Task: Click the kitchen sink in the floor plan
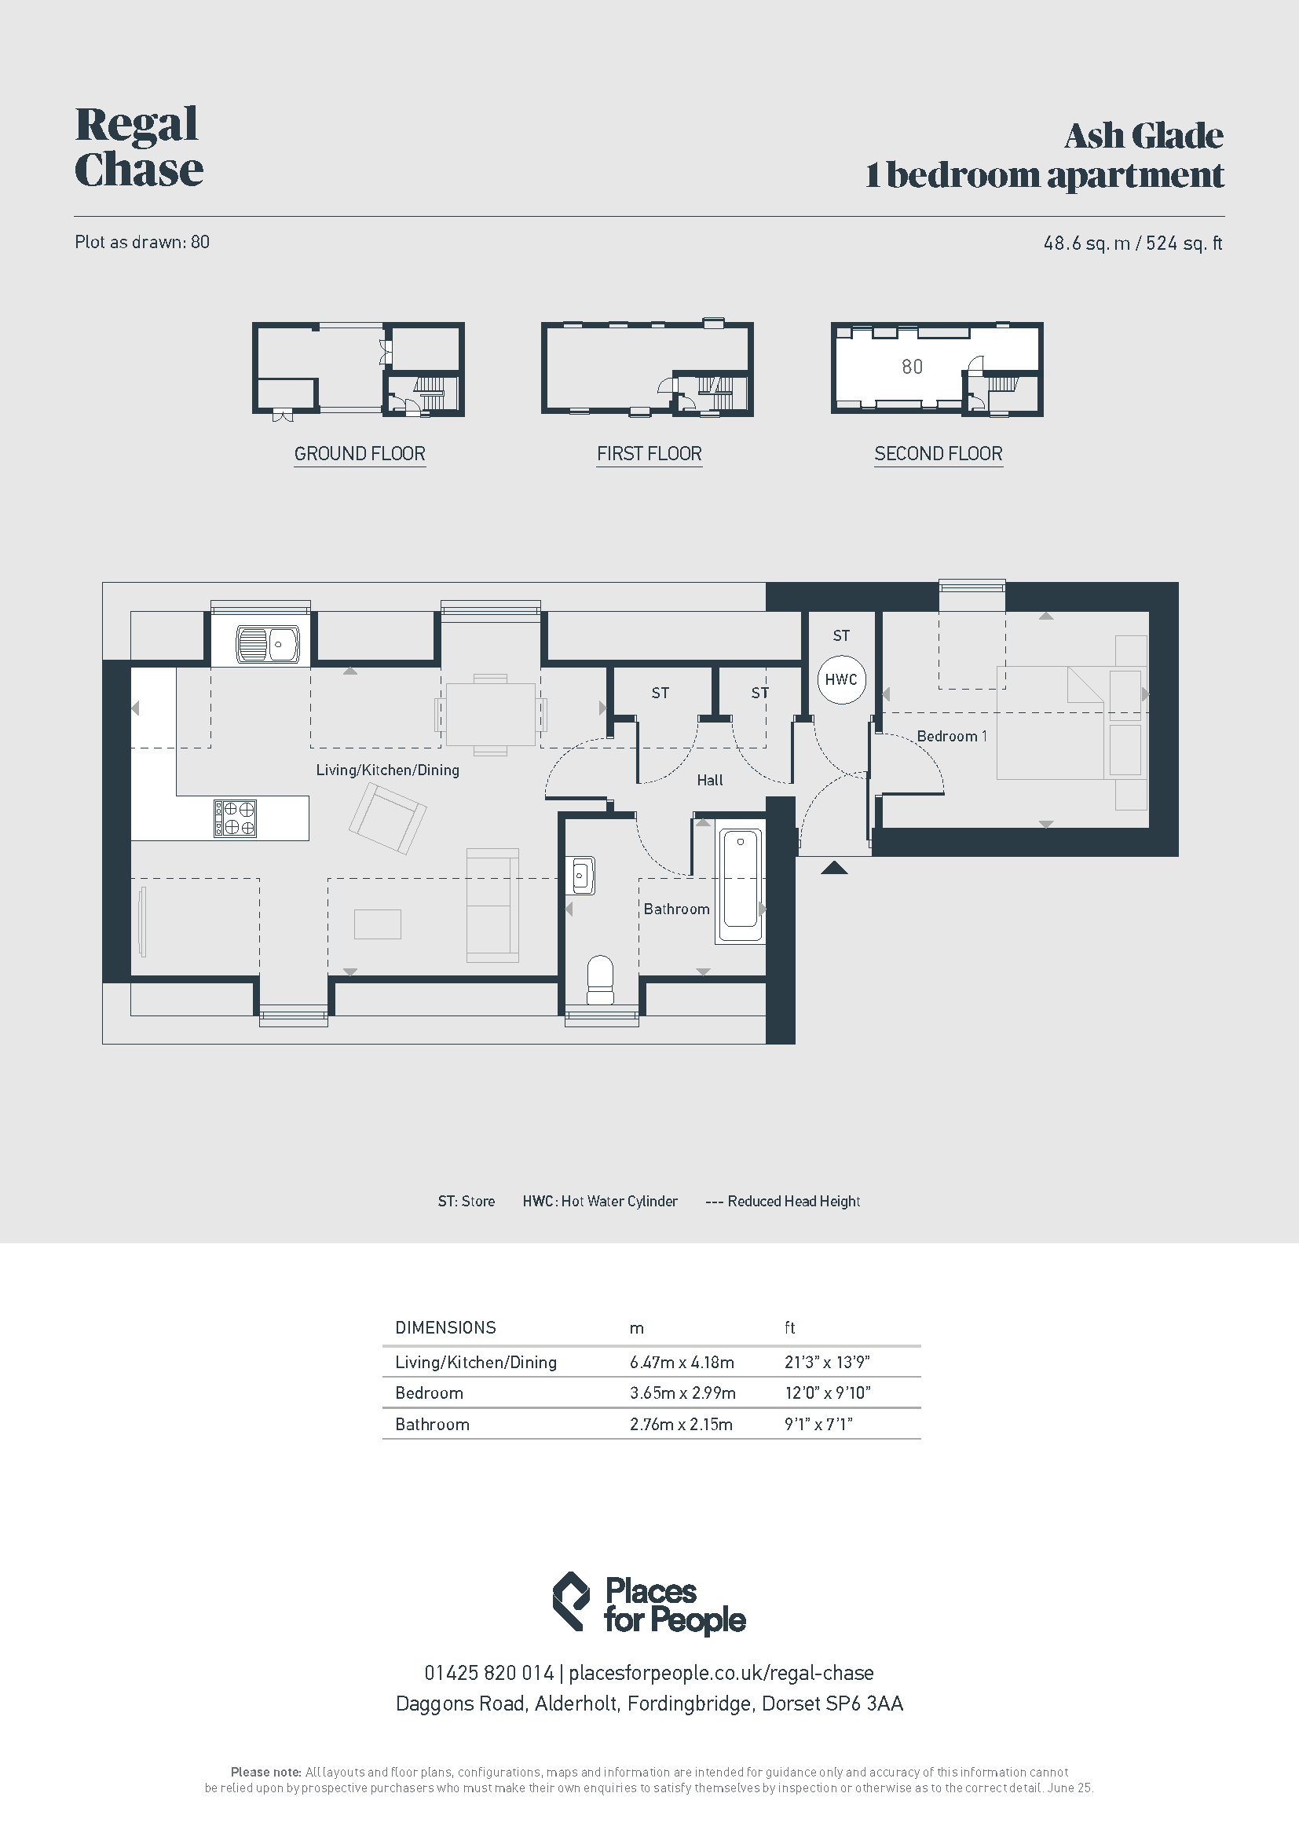267,644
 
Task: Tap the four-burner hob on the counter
235,818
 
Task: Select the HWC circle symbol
841,679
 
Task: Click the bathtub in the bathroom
740,886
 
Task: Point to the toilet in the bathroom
600,980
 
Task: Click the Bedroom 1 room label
952,736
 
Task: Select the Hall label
709,780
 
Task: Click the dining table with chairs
490,714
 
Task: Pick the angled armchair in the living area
388,818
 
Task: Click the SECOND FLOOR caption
939,454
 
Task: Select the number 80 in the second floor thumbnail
912,367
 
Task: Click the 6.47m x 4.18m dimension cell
682,1362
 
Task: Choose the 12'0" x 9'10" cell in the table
827,1393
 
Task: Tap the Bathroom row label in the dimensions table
432,1424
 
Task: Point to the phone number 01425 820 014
488,1673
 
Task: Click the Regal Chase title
138,147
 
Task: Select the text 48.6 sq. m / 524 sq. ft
1133,243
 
